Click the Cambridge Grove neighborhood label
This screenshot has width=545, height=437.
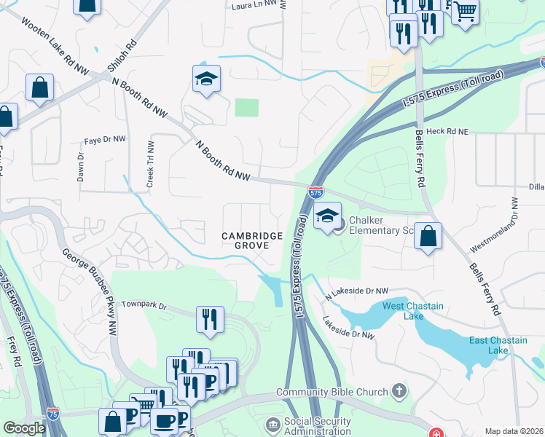[252, 241]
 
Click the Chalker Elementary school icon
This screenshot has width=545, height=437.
[328, 216]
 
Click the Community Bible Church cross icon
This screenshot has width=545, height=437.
[399, 392]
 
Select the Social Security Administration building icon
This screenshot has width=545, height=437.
[272, 424]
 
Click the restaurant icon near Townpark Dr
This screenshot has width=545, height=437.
[210, 319]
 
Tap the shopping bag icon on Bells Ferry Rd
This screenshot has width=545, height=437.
[428, 236]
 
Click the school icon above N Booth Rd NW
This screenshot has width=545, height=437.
[206, 79]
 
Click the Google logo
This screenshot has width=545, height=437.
[24, 428]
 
